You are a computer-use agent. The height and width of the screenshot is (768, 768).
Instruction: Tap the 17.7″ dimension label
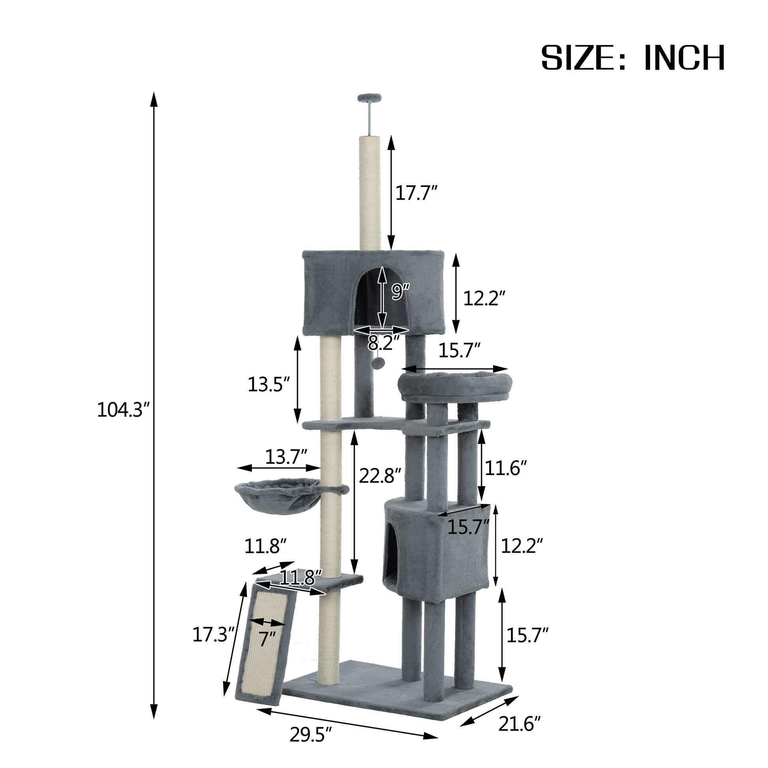pos(416,193)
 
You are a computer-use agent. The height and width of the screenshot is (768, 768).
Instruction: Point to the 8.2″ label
pos(383,342)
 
